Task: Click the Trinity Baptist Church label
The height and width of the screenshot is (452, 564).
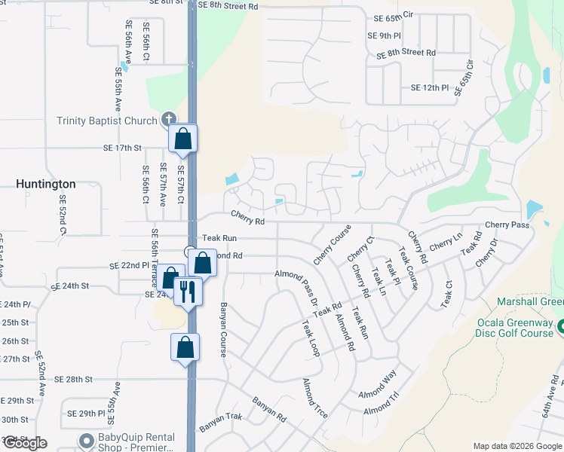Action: click(x=108, y=121)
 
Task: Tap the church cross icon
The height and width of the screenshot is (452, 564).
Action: click(x=169, y=120)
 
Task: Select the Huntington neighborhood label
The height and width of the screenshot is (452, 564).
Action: click(x=46, y=184)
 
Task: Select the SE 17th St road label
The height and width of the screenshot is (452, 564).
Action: click(x=123, y=148)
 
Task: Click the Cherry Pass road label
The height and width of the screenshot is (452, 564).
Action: click(x=507, y=224)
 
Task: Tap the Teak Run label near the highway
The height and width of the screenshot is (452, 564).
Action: click(x=219, y=238)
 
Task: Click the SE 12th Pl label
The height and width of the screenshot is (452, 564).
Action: click(x=430, y=88)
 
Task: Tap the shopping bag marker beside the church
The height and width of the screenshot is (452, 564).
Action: click(x=182, y=139)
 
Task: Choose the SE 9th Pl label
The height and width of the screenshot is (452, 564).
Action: click(x=384, y=35)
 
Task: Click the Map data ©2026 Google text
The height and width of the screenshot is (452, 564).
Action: click(x=516, y=446)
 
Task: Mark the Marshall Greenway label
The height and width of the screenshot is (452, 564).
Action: click(x=530, y=302)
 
